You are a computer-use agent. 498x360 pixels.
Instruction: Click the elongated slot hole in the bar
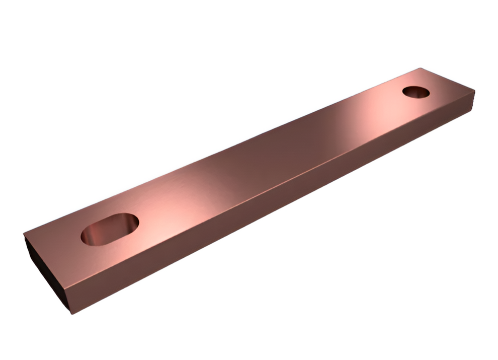pyautogui.click(x=110, y=229)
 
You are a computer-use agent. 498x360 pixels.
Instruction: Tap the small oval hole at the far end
pyautogui.click(x=416, y=92)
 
